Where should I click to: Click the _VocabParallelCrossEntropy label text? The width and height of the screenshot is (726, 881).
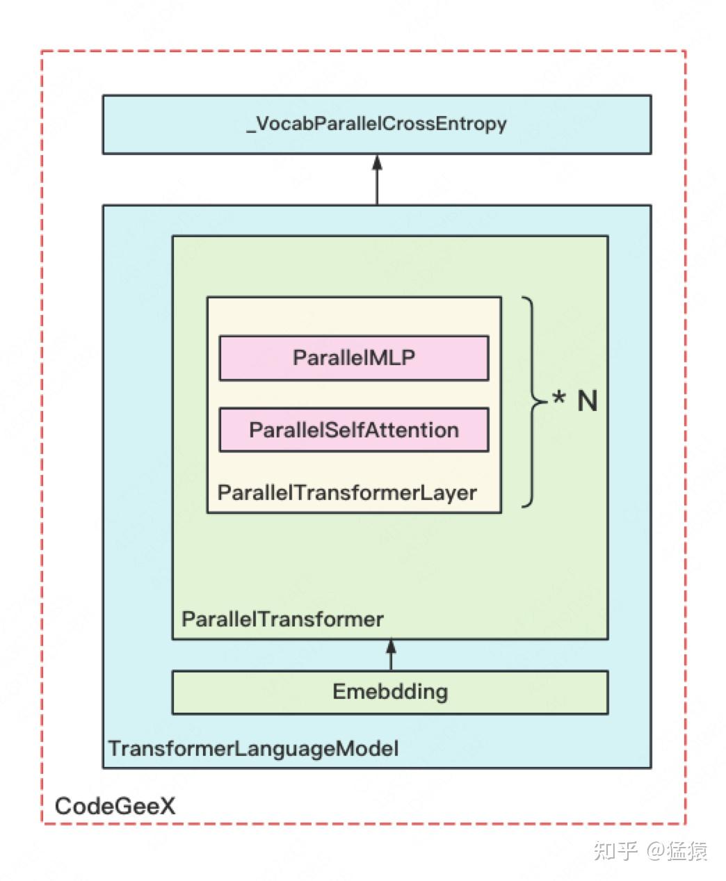(376, 124)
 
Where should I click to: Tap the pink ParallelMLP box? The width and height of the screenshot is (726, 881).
(354, 358)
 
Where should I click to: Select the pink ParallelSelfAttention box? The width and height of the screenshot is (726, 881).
(354, 430)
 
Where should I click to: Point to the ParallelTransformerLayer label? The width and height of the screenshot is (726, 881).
(347, 493)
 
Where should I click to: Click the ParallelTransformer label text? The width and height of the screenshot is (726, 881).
(282, 620)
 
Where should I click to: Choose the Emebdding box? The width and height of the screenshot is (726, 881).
(390, 693)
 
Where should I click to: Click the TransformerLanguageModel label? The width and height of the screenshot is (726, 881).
(253, 748)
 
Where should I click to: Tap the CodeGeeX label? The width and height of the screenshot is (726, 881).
(115, 806)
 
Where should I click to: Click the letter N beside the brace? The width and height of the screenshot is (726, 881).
(588, 401)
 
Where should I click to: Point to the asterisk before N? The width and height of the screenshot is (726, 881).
(559, 396)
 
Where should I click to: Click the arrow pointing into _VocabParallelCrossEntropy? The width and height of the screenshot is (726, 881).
(377, 180)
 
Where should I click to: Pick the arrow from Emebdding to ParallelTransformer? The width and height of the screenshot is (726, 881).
(391, 654)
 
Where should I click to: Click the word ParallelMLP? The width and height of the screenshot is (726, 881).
(354, 358)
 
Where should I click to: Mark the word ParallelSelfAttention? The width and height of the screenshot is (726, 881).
(354, 430)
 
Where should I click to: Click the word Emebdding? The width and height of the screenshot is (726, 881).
(390, 692)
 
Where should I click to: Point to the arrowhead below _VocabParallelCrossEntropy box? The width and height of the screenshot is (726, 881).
(377, 163)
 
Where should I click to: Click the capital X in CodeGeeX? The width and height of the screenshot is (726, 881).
(167, 806)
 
